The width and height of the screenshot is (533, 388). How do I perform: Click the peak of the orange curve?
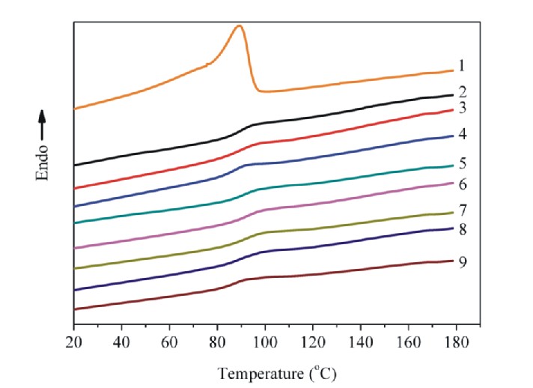point(239,26)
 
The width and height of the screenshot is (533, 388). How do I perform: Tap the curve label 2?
point(463,92)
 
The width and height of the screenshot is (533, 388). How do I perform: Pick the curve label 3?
point(463,109)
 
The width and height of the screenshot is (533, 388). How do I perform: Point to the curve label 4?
point(463,135)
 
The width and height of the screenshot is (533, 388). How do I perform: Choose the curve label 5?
point(463,163)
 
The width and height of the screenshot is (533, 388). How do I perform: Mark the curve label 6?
point(463,184)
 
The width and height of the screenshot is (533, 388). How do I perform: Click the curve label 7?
point(463,210)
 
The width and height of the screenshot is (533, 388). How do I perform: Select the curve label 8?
point(463,229)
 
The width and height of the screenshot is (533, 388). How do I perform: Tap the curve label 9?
point(463,261)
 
